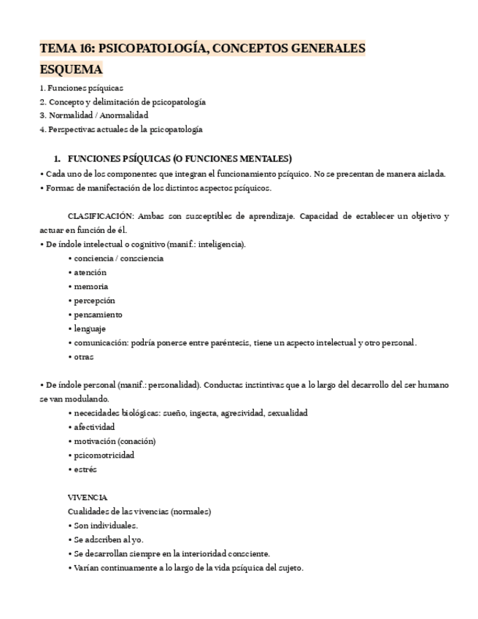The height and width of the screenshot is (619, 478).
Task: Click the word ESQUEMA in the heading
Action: (71, 69)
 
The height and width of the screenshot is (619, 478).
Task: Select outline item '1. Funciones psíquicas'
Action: (81, 88)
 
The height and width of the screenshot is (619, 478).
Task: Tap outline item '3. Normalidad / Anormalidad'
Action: (93, 115)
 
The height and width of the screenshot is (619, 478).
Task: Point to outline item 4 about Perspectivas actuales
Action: (120, 129)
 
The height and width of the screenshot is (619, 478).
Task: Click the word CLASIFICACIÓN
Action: (100, 216)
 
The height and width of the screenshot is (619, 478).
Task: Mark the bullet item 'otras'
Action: (83, 357)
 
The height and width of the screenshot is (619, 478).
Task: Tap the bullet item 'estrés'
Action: (85, 469)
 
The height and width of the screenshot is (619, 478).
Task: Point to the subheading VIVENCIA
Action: (87, 497)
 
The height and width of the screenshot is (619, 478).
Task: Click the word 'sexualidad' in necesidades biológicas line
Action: (287, 412)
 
